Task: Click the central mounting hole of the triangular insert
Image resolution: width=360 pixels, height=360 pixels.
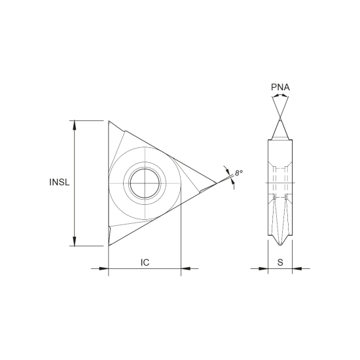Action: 142,183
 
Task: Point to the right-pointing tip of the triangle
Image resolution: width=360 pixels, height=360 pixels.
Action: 215,183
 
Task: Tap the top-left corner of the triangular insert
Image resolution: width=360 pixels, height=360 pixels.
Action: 108,120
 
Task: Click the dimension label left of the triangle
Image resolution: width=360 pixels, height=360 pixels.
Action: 58,183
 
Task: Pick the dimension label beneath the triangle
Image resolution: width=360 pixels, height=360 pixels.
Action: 143,262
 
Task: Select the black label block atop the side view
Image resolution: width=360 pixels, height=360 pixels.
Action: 279,88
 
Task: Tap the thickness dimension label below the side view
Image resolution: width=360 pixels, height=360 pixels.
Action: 280,261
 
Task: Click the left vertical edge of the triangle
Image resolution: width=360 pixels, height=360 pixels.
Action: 107,183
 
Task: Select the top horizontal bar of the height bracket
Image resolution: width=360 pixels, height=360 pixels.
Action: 89,120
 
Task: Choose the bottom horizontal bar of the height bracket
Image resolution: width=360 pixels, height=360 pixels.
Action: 89,245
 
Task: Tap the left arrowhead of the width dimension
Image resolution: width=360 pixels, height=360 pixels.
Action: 100,268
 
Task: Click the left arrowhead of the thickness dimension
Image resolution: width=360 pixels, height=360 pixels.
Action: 262,268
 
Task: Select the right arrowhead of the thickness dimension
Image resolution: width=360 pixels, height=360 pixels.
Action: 298,268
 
